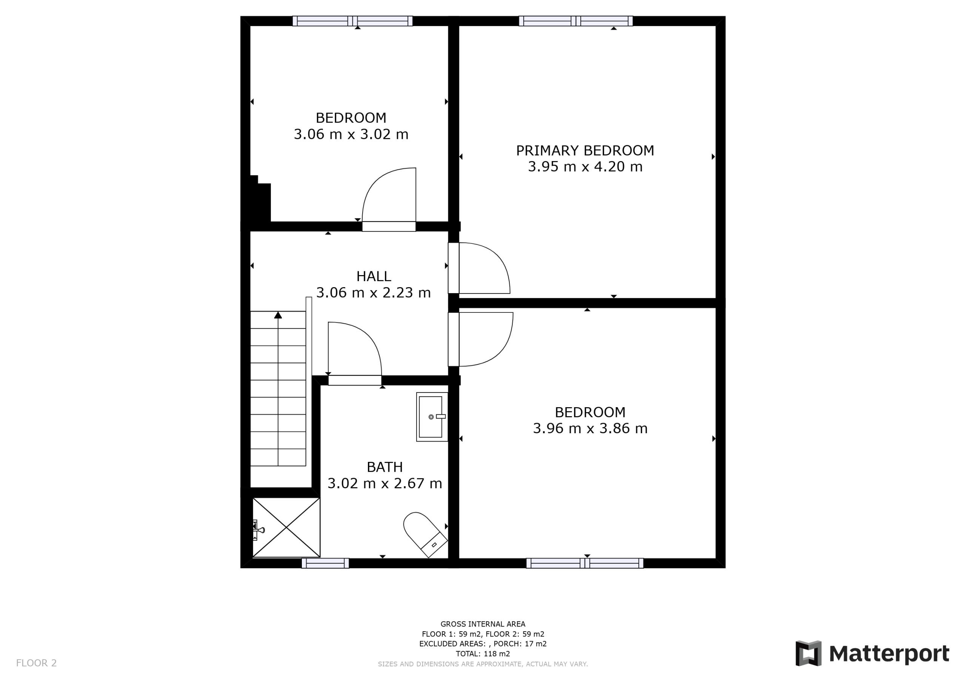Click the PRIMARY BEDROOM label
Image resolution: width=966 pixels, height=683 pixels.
pos(585,150)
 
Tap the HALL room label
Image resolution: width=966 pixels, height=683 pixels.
pos(374,276)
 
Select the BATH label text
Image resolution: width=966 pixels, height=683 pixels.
pos(385,467)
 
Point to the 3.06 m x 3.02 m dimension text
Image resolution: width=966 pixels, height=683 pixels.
pos(351,134)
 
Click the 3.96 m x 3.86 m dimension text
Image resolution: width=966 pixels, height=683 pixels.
pos(590,428)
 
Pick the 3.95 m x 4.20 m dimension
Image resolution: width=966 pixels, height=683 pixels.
pos(585,167)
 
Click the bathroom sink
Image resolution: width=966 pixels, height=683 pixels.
pos(432,417)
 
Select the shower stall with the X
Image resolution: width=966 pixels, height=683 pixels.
pos(286,527)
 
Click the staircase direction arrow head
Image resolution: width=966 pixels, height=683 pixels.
pos(278,315)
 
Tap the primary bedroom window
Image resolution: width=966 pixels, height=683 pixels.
pos(575,21)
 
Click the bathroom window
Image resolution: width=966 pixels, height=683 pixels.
pos(325,563)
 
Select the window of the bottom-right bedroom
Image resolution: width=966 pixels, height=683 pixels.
pos(585,563)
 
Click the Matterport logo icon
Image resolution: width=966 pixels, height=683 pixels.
pos(808,654)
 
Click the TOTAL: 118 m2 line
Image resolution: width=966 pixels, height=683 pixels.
pos(483,654)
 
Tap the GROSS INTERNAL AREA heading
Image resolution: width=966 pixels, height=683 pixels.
pos(483,624)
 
